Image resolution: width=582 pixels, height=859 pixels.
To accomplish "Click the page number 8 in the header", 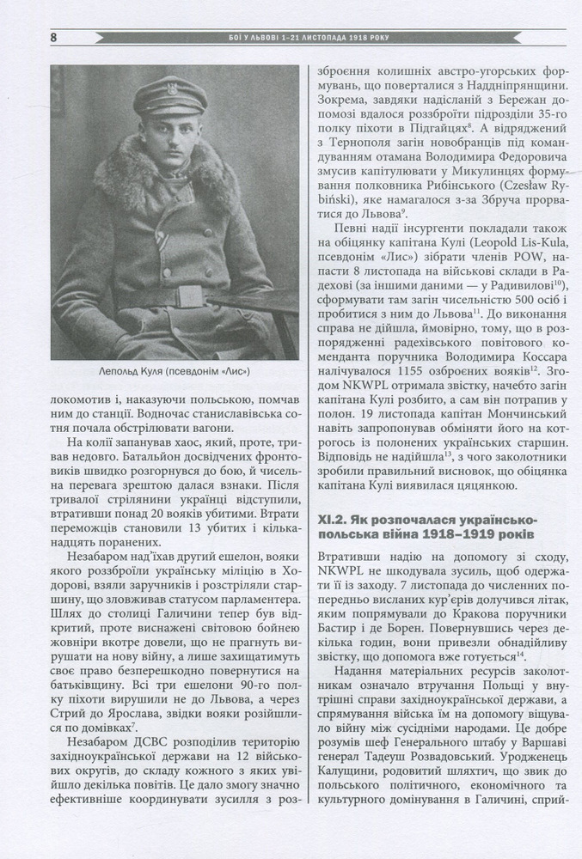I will [54, 38].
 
